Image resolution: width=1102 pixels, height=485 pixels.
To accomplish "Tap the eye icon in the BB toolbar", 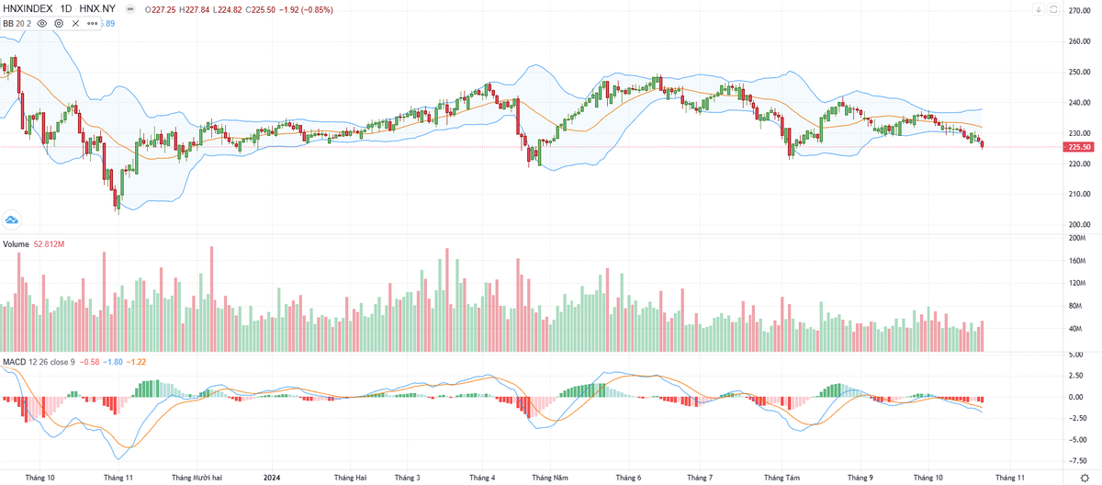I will tap(42, 22).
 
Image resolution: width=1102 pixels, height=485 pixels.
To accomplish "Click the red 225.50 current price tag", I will tap(1078, 147).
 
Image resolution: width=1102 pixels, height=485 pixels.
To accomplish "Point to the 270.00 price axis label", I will tap(1078, 10).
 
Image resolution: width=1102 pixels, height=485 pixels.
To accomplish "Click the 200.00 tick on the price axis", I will tap(1078, 225).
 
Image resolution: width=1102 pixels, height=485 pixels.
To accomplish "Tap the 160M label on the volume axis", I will tap(1075, 261).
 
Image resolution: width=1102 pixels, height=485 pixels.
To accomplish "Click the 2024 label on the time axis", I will tap(272, 478).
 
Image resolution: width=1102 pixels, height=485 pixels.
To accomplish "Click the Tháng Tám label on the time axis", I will tap(782, 478).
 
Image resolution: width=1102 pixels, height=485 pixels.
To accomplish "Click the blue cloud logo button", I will tap(12, 220).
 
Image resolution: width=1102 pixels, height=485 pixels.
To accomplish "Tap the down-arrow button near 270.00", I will tap(1038, 10).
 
